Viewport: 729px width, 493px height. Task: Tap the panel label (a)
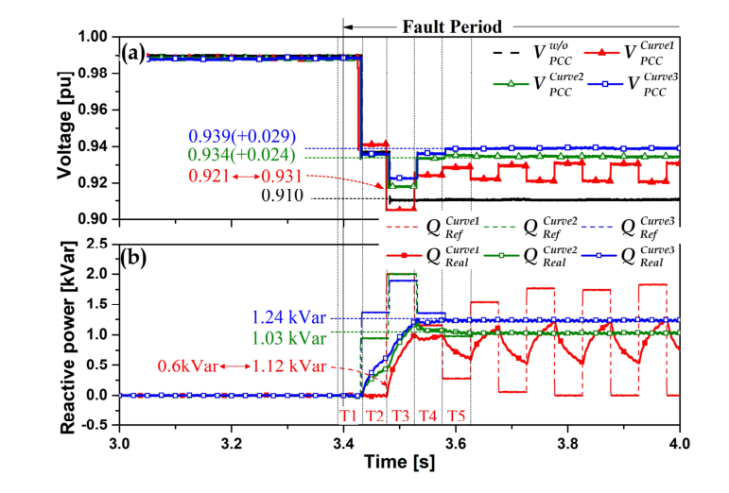click(132, 52)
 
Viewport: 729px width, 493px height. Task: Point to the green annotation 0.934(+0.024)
click(242, 155)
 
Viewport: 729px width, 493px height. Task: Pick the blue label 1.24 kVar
click(288, 318)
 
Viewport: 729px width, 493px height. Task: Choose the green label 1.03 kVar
click(288, 337)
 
